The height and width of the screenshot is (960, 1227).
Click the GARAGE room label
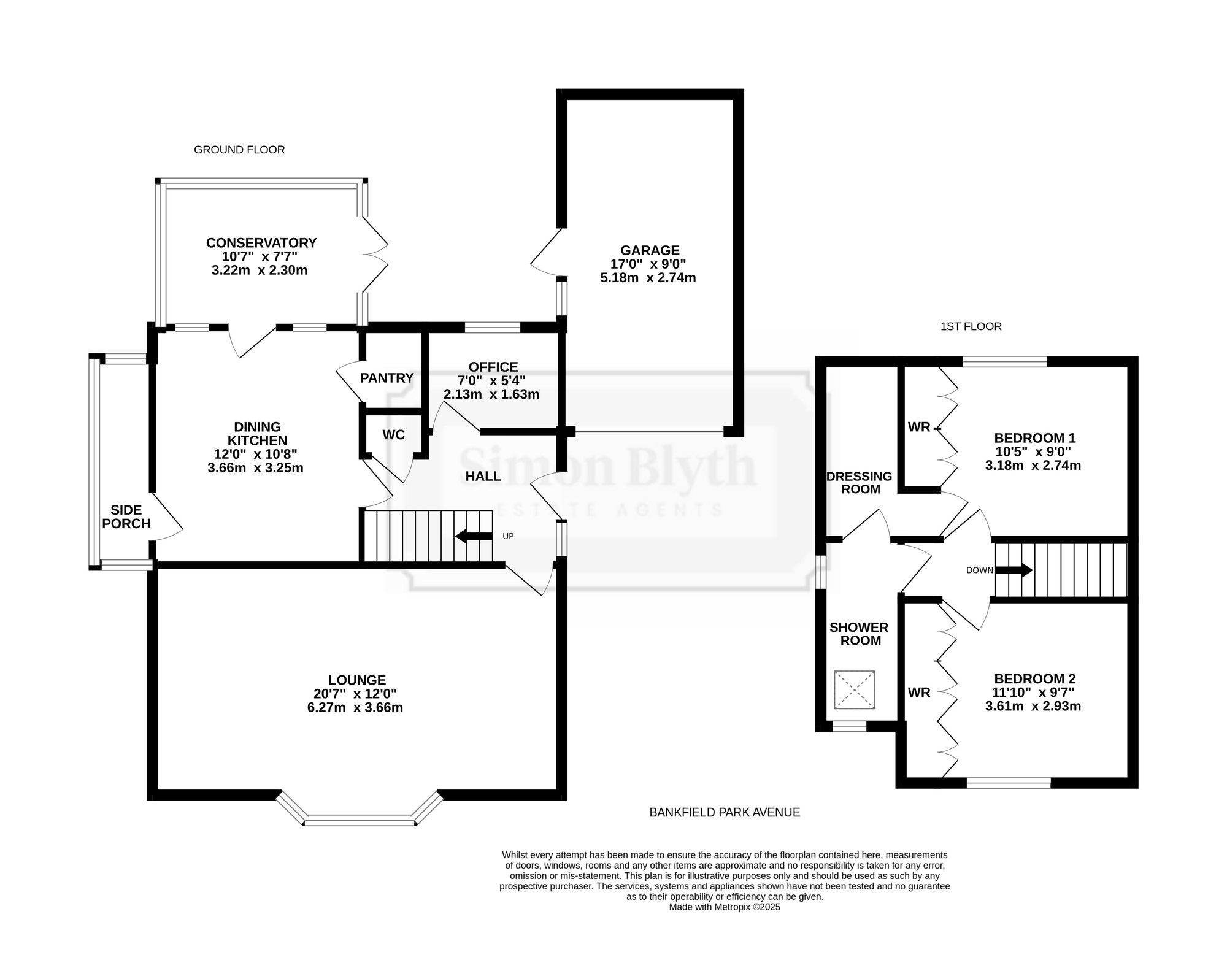coord(650,250)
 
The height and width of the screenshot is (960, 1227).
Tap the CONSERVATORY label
coord(261,243)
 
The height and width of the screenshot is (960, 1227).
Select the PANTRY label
coord(387,378)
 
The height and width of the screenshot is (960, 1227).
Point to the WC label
coord(394,435)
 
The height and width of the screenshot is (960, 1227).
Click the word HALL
coord(483,476)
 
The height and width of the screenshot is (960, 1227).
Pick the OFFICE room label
coord(493,367)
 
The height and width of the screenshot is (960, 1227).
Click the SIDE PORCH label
coord(126,516)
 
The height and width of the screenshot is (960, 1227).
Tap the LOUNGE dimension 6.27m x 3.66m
coord(355,707)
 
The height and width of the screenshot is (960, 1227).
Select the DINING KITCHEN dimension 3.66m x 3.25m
coord(256,468)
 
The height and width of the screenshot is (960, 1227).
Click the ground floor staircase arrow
coord(474,537)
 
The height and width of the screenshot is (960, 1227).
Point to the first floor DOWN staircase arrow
coord(1014,570)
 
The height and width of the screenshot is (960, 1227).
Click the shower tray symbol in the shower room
coord(854,690)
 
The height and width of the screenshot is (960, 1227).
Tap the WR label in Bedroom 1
coord(919,427)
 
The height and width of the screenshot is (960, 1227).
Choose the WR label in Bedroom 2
coord(919,693)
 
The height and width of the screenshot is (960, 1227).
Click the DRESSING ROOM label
coord(859,483)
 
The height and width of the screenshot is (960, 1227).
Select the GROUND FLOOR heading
coord(239,150)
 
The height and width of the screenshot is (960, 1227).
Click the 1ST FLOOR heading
coord(971,326)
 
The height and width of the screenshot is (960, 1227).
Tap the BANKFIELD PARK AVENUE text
coord(725,812)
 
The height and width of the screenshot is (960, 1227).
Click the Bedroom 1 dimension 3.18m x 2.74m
coord(1033,466)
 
